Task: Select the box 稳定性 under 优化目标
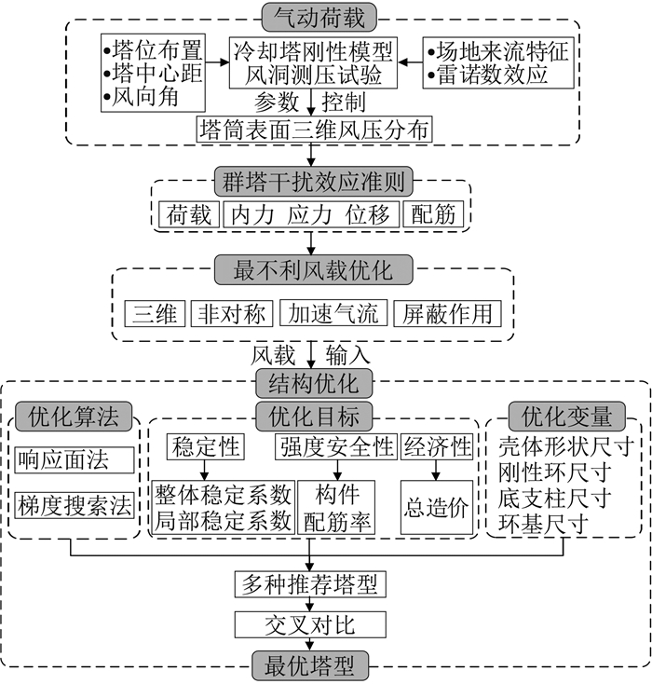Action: point(204,447)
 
